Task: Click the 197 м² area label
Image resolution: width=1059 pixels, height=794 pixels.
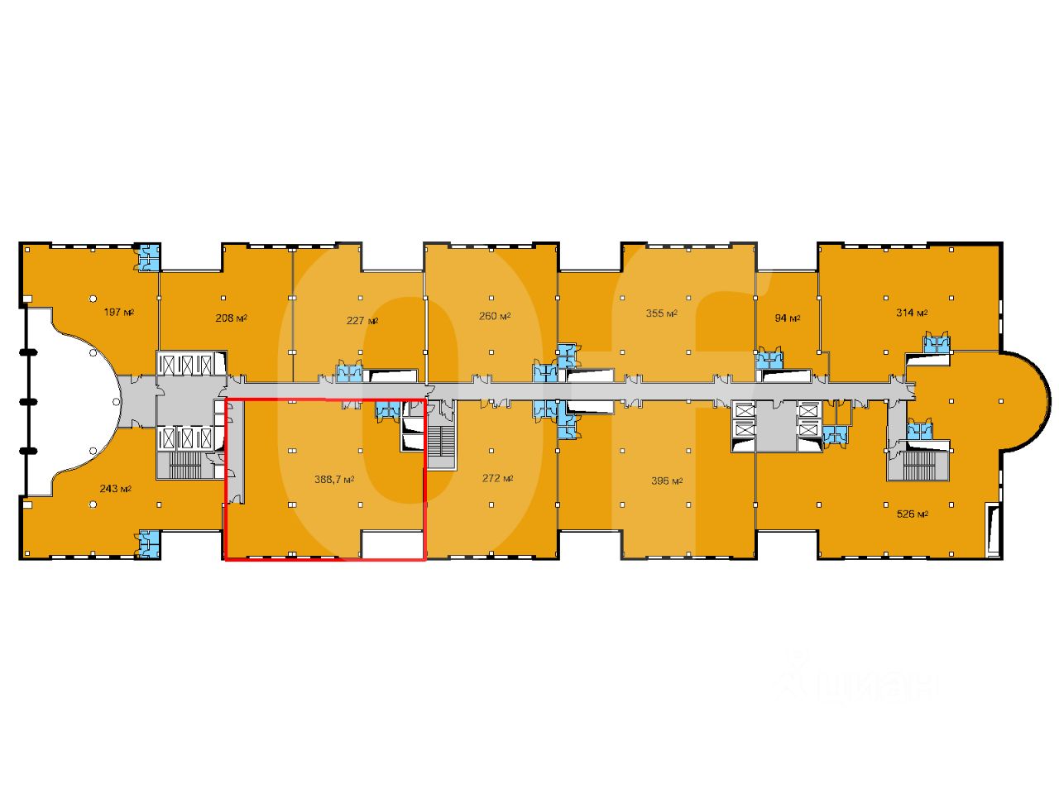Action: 119,313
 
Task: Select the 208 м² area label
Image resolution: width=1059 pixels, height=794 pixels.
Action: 231,318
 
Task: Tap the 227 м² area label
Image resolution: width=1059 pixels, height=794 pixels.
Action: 362,321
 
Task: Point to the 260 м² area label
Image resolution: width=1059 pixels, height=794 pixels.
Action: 494,315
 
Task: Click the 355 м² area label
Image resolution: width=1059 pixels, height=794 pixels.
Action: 661,313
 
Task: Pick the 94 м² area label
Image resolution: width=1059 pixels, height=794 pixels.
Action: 787,318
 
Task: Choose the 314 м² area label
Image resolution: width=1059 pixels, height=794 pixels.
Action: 912,313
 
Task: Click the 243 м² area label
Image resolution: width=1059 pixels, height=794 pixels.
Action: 116,488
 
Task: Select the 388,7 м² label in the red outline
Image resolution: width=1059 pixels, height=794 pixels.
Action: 335,479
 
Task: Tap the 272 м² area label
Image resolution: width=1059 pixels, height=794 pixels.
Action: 497,479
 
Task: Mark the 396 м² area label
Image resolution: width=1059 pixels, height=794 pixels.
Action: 666,481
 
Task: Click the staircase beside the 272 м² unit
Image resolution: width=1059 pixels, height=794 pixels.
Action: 443,442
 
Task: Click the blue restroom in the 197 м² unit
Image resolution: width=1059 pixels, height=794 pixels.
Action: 149,257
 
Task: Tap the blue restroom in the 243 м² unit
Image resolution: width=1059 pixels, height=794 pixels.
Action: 149,542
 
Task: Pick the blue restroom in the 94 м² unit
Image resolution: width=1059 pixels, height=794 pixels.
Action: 769,360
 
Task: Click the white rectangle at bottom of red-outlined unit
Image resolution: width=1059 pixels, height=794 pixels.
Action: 392,544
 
